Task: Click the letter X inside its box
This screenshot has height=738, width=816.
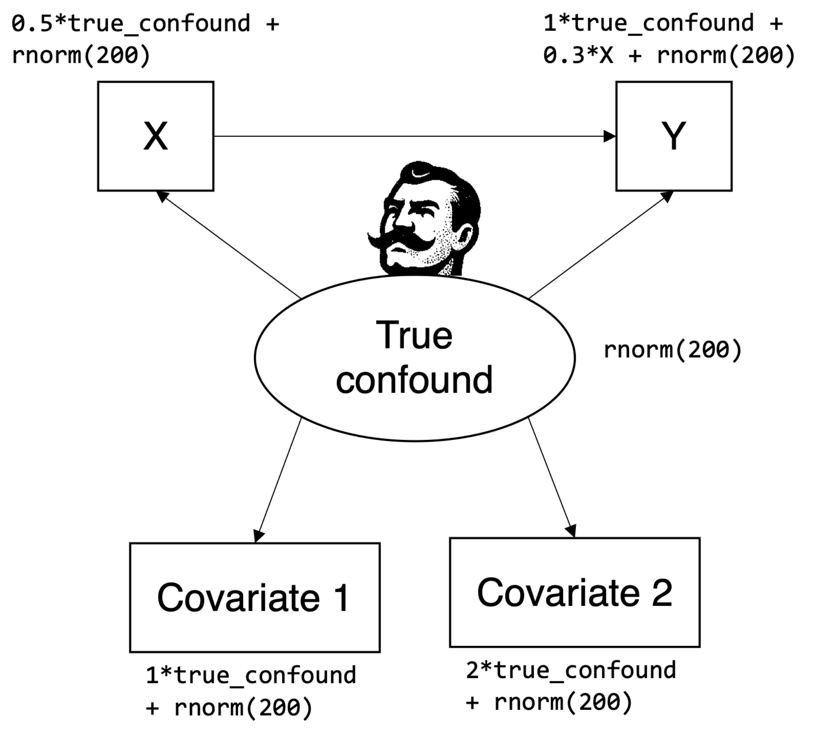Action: (x=155, y=136)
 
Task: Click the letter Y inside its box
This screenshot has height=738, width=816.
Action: (x=673, y=136)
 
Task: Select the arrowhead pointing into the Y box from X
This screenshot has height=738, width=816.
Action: (x=610, y=136)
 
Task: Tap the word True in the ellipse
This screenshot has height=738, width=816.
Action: (x=414, y=336)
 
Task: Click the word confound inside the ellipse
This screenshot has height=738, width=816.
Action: (x=414, y=380)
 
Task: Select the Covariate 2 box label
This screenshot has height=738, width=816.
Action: (x=574, y=593)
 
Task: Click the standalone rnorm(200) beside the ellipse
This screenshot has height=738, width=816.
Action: (x=672, y=350)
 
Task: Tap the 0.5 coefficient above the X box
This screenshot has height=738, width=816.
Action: (x=32, y=23)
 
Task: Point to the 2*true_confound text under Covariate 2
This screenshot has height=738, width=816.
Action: (x=571, y=671)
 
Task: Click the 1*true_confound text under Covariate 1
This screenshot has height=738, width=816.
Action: (x=251, y=676)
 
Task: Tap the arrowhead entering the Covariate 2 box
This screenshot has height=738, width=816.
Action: (x=571, y=531)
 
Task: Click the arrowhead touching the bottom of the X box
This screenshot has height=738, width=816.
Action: (x=163, y=196)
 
